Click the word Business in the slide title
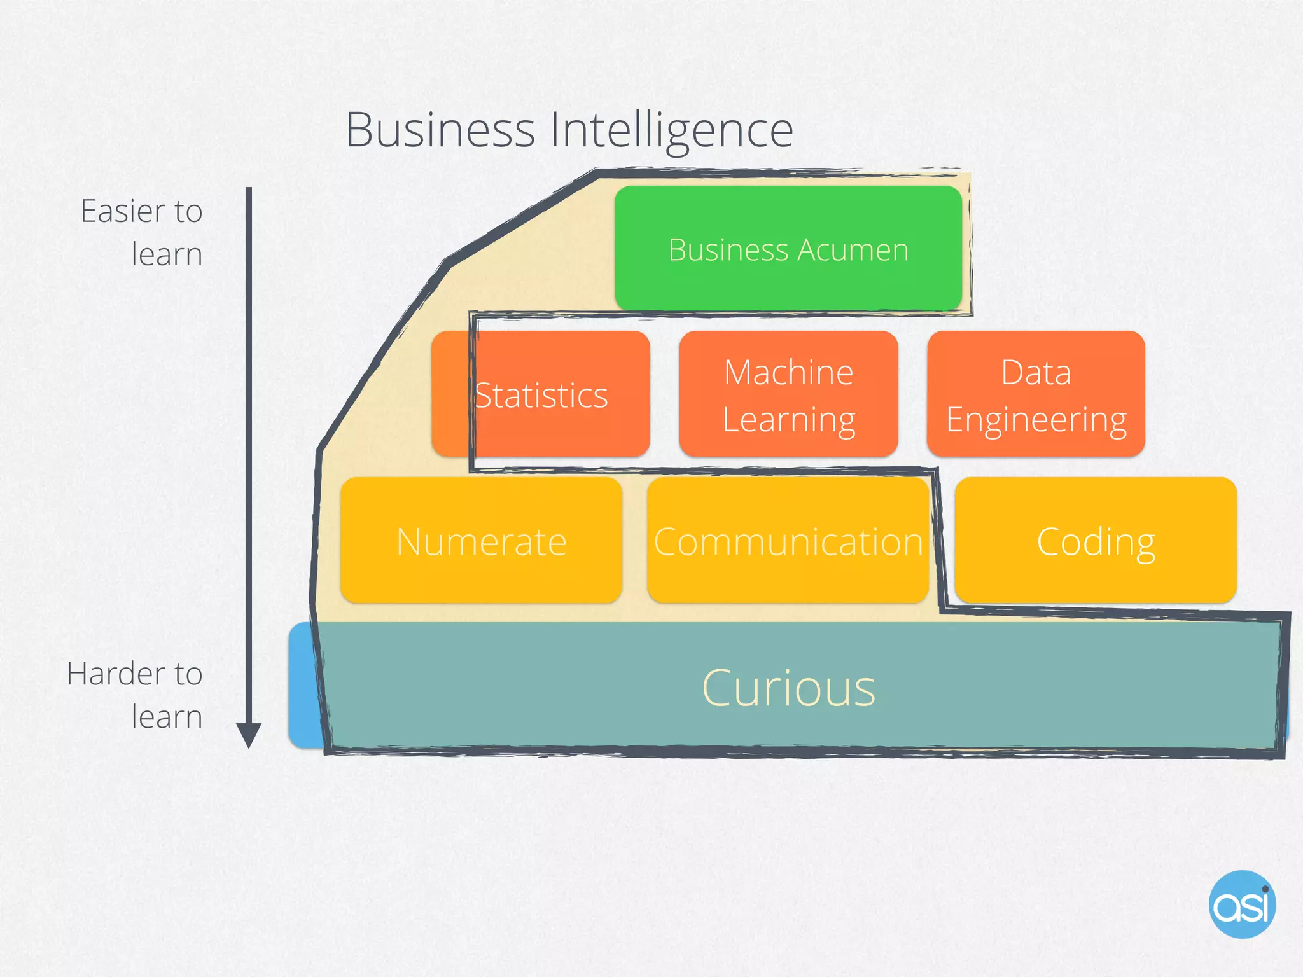[440, 130]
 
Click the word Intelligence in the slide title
[671, 131]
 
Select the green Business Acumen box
[788, 249]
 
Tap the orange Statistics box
[541, 394]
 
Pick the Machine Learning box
[788, 394]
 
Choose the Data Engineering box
[1036, 394]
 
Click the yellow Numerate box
[481, 541]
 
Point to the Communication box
[788, 541]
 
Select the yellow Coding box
[1096, 541]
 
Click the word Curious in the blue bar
[788, 688]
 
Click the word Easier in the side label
[122, 211]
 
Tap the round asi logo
[1242, 904]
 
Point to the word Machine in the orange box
[788, 372]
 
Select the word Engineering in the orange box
[1036, 420]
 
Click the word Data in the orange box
[1036, 372]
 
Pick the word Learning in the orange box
[788, 420]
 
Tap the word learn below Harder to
[167, 717]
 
